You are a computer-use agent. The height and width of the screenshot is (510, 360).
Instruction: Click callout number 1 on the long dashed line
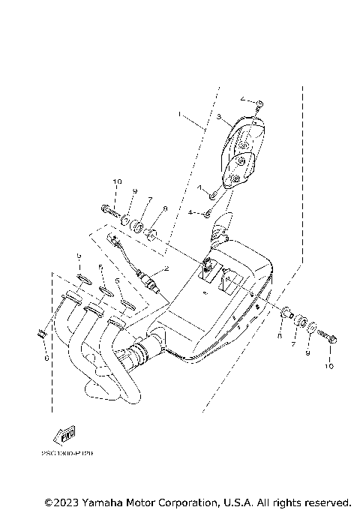pyautogui.click(x=180, y=114)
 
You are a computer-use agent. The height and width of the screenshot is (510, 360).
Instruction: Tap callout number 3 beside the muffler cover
pyautogui.click(x=218, y=118)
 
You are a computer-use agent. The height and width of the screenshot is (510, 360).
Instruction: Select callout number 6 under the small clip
pyautogui.click(x=46, y=359)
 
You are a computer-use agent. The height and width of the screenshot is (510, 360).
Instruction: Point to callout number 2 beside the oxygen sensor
pyautogui.click(x=166, y=268)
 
